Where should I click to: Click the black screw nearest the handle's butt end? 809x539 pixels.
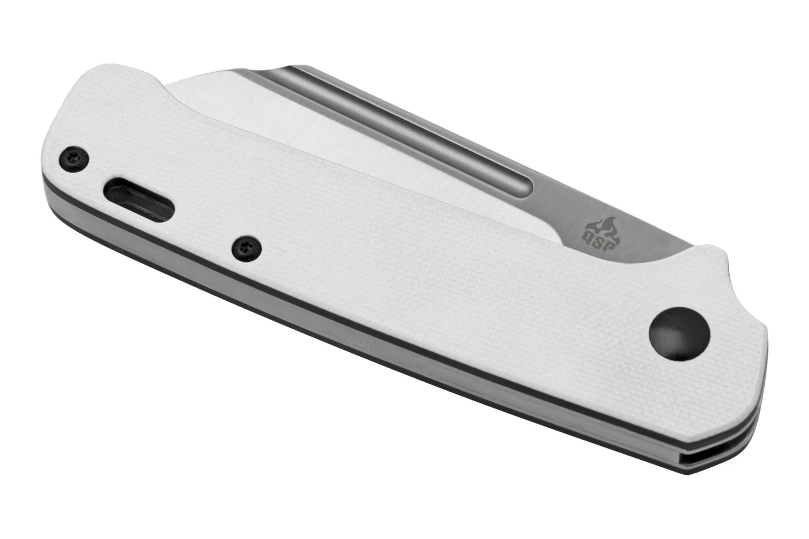(x=74, y=159)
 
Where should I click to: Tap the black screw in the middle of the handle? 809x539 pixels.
(x=246, y=248)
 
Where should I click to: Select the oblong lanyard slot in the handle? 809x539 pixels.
(x=139, y=199)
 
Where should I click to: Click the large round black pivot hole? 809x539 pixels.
(x=680, y=334)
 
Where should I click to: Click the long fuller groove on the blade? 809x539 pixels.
(x=401, y=126)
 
